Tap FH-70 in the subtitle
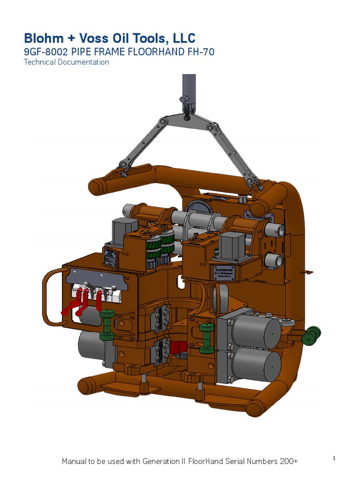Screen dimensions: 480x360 (x=198, y=52)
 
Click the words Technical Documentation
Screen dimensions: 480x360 (x=66, y=62)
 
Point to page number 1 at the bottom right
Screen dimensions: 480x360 (x=334, y=458)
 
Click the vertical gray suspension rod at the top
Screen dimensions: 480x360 (x=188, y=87)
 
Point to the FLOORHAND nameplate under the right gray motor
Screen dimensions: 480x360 (x=225, y=273)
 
